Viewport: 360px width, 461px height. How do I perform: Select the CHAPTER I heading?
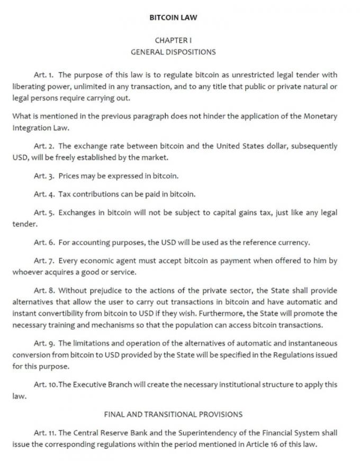[173, 40]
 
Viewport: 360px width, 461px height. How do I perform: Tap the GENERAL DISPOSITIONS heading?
[173, 52]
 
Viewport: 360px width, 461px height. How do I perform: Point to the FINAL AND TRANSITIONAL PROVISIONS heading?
[173, 414]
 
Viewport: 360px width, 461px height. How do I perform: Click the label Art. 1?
[44, 75]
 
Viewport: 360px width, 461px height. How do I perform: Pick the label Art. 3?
[44, 175]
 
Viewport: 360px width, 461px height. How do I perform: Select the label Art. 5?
[44, 212]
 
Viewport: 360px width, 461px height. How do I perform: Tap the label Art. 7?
[44, 261]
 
